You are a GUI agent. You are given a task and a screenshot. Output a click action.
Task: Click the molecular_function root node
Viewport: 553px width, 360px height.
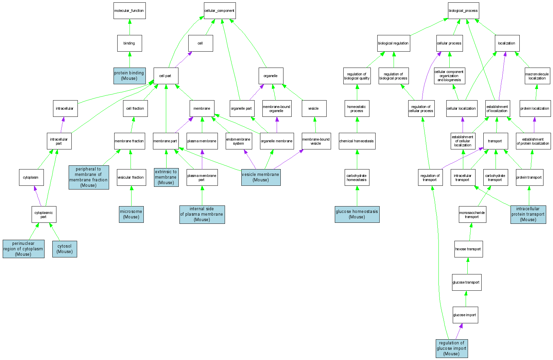pos(129,11)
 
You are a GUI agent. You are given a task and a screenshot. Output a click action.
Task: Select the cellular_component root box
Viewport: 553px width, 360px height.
pos(220,11)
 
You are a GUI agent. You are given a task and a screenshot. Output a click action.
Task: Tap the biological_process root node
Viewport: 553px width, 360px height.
pos(463,11)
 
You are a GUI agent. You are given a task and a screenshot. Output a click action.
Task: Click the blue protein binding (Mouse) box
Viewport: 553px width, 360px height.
pos(129,76)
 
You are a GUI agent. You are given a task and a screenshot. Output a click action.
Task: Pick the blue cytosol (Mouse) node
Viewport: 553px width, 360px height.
pos(65,249)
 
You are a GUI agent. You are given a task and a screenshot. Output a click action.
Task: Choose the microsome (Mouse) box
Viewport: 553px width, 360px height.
pos(131,214)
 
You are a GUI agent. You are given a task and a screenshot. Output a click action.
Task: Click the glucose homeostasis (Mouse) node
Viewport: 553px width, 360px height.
pos(357,214)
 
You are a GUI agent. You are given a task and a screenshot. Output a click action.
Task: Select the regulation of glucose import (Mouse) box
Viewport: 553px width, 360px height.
pos(451,348)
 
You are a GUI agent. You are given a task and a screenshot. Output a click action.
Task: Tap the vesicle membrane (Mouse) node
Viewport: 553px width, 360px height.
pos(261,177)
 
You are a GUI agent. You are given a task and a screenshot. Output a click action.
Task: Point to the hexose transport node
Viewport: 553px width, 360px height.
pos(468,249)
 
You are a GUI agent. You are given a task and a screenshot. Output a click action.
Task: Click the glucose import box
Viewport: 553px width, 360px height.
pos(465,315)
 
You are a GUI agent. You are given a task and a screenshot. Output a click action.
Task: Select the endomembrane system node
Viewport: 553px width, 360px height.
pos(239,141)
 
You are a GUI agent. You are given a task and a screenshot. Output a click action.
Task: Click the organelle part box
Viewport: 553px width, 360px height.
pos(242,109)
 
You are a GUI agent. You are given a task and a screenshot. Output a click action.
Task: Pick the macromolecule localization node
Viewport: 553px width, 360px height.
pos(537,76)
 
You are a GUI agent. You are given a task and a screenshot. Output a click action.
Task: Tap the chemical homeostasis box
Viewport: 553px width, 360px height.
pos(357,141)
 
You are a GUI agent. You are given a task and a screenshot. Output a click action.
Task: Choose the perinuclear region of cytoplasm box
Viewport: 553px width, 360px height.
pos(23,249)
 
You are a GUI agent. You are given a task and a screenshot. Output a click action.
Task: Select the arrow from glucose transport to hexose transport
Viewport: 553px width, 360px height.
pos(468,266)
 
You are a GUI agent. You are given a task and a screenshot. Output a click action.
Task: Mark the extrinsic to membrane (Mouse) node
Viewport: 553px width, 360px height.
pos(166,177)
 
